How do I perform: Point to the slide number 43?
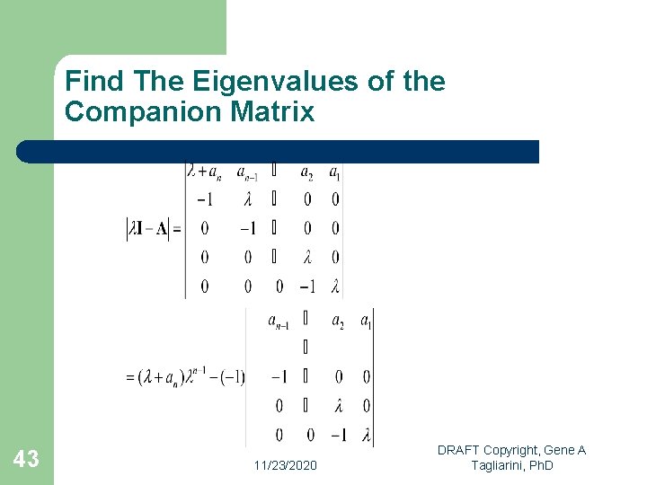pyautogui.click(x=26, y=460)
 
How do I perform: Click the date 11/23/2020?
pyautogui.click(x=285, y=465)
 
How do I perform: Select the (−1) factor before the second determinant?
pyautogui.click(x=232, y=376)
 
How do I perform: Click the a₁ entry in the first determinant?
pyautogui.click(x=334, y=172)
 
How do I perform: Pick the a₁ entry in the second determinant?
pyautogui.click(x=365, y=320)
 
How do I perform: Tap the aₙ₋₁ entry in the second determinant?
pyautogui.click(x=279, y=321)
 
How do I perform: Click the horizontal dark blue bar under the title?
pyautogui.click(x=279, y=151)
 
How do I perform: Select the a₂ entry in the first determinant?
pyautogui.click(x=306, y=172)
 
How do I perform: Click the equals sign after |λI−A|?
pyautogui.click(x=176, y=229)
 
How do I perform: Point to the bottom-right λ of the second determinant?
pyautogui.click(x=366, y=436)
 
